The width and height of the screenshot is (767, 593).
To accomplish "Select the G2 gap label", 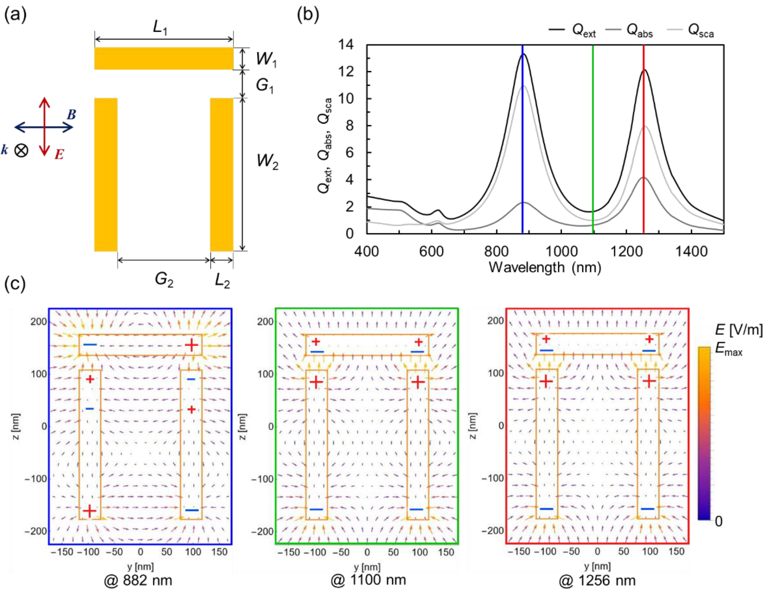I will point(164,280).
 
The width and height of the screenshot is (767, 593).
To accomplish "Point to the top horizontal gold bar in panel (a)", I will point(164,58).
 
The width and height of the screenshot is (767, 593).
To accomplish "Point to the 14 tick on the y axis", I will point(346,45).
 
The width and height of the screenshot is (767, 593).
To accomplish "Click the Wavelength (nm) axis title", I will point(545,268).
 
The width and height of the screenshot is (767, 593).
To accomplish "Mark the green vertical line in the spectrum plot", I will point(593,141).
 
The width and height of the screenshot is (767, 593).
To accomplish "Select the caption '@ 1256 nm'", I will point(597,581).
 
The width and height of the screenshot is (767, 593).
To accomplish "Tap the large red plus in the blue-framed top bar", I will point(192,345).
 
